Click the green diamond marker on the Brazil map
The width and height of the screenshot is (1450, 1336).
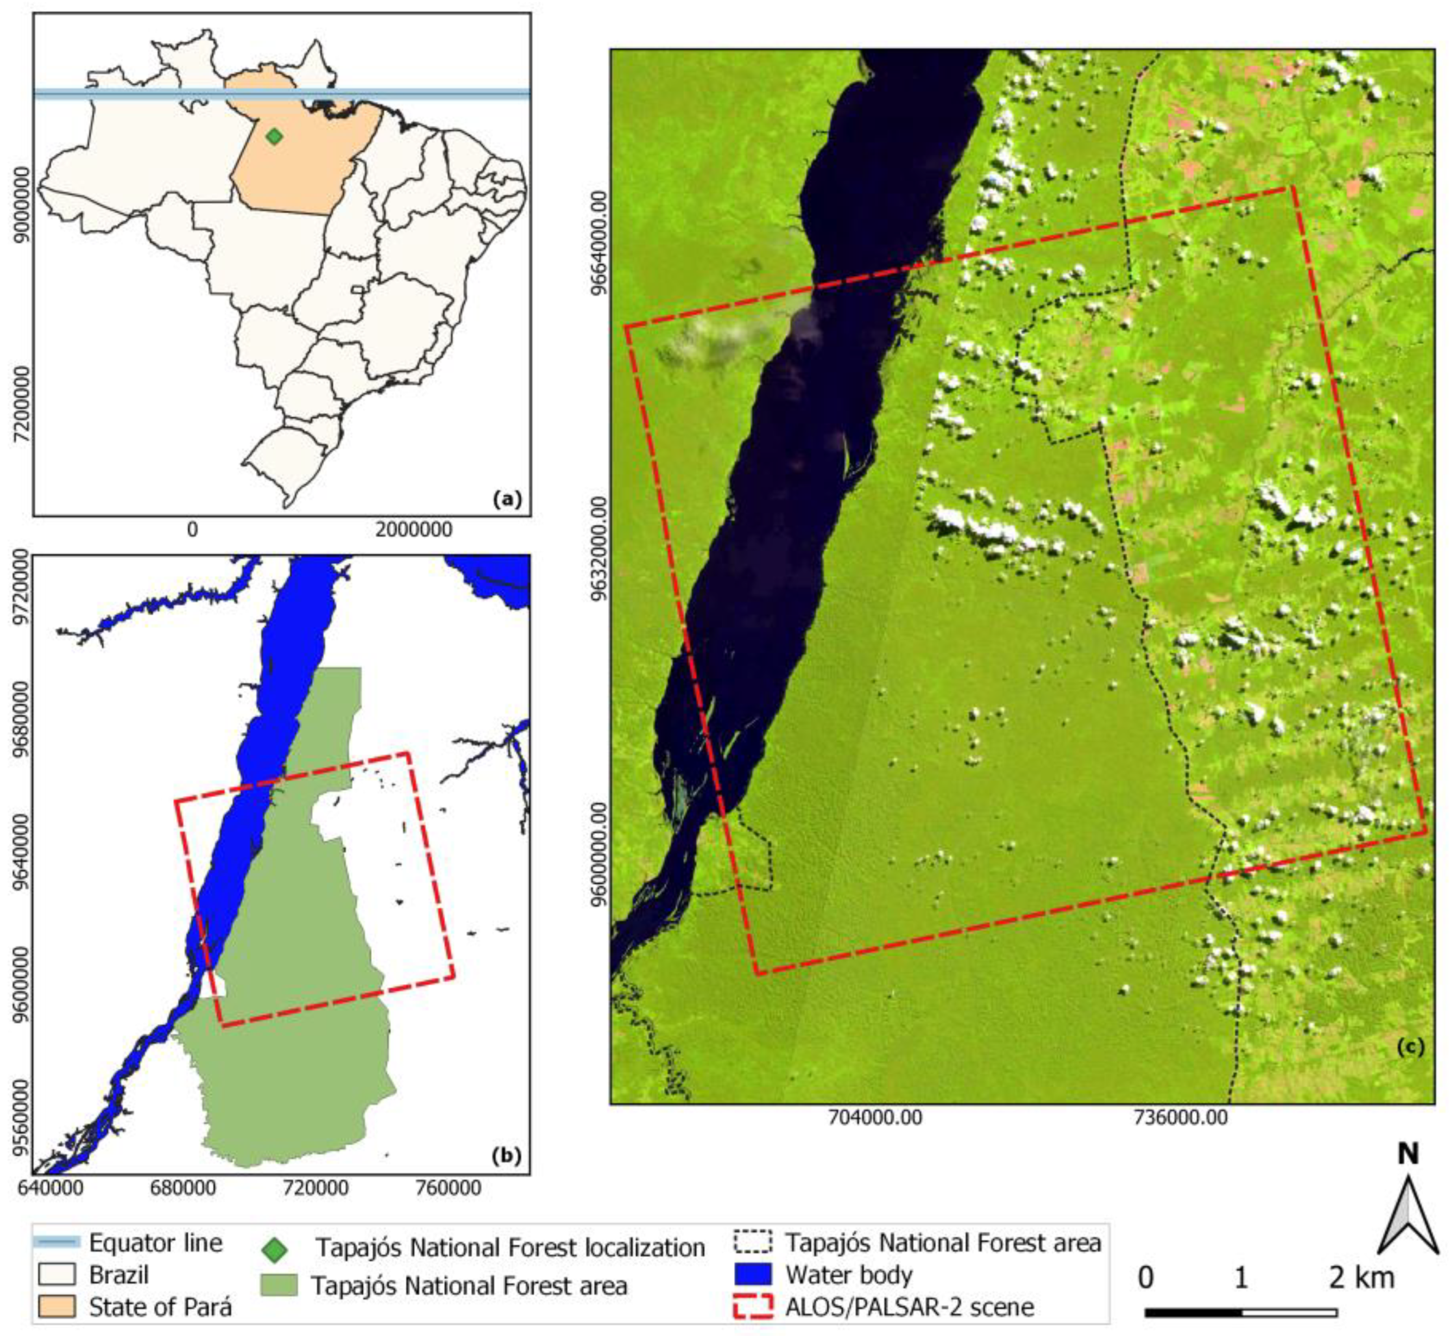(x=273, y=136)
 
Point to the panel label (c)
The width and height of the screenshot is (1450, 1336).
(x=1409, y=1047)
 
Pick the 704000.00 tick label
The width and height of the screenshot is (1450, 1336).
(x=875, y=1117)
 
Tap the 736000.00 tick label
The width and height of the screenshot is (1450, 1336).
(x=1181, y=1117)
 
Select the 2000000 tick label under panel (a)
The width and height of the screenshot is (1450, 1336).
(x=414, y=529)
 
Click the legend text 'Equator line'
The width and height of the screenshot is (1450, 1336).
(x=155, y=1243)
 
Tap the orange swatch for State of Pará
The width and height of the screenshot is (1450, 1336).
(x=56, y=1306)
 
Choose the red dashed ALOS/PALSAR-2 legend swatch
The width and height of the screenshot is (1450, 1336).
(x=753, y=1306)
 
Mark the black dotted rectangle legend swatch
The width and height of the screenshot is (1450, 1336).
(x=753, y=1242)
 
